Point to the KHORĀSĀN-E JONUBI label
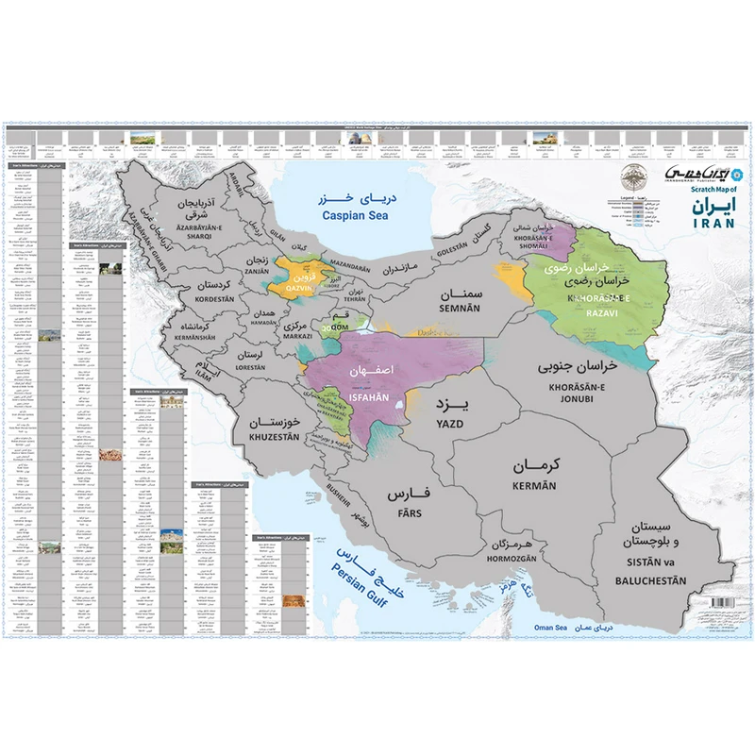(577, 392)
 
